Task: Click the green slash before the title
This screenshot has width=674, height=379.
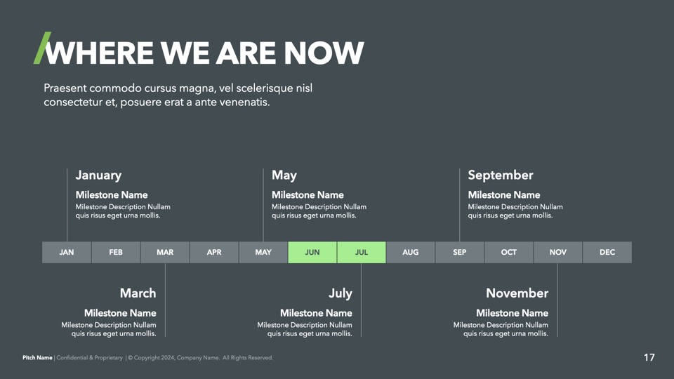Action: click(x=42, y=48)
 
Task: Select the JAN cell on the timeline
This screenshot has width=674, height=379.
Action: click(x=67, y=252)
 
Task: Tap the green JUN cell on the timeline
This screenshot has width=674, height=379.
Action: click(x=312, y=252)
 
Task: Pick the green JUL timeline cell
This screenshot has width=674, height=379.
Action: click(x=362, y=252)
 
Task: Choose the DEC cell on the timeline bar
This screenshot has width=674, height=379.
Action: click(x=607, y=252)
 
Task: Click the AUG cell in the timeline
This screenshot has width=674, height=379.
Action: click(x=411, y=252)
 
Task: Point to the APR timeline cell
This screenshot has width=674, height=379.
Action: click(x=214, y=252)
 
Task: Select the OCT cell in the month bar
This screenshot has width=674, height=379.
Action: click(x=509, y=252)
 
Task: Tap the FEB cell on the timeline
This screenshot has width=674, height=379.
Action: click(x=116, y=252)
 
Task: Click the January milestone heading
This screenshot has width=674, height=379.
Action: click(x=98, y=175)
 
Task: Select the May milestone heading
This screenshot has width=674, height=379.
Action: click(x=284, y=175)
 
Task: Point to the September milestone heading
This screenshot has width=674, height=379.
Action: click(x=501, y=175)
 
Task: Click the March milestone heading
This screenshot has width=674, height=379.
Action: click(x=138, y=293)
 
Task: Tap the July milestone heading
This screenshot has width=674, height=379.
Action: click(x=341, y=293)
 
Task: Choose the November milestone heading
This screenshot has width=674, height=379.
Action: click(x=517, y=293)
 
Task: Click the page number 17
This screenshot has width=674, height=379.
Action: click(x=649, y=357)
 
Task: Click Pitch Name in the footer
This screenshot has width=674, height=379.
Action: click(x=37, y=357)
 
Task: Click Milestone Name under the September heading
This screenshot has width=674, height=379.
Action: click(x=504, y=194)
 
